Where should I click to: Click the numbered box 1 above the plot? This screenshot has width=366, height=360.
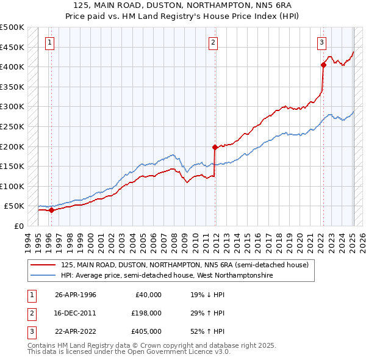tap(49, 42)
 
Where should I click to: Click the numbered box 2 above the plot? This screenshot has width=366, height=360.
tap(213, 42)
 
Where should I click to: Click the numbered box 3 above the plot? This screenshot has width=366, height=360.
tap(321, 42)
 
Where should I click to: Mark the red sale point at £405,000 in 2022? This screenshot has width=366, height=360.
tap(323, 65)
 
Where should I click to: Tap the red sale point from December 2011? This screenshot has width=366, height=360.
tap(215, 147)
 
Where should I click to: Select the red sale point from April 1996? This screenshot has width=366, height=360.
tap(51, 210)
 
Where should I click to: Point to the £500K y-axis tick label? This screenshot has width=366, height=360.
tap(12, 27)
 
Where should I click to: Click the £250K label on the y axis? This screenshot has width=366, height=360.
tap(12, 126)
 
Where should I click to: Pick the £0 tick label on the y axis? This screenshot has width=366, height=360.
tap(19, 226)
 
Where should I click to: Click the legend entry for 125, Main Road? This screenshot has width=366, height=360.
tap(185, 265)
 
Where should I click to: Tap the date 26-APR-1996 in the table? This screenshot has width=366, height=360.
tap(76, 295)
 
